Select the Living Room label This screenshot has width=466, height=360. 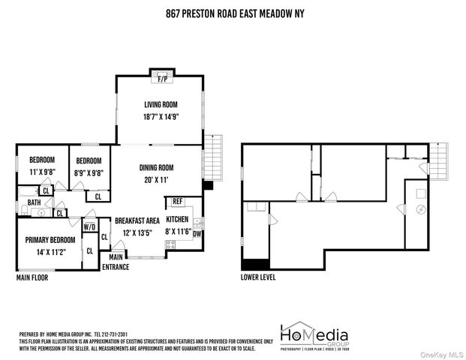point(159,104)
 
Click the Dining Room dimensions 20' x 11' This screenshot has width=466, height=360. point(156,179)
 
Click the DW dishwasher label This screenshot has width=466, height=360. point(197,232)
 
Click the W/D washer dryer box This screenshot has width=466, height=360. point(89,226)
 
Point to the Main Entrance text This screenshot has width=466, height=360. point(116,262)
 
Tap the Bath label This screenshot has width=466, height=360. point(35,202)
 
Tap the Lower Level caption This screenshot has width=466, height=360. point(259,277)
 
